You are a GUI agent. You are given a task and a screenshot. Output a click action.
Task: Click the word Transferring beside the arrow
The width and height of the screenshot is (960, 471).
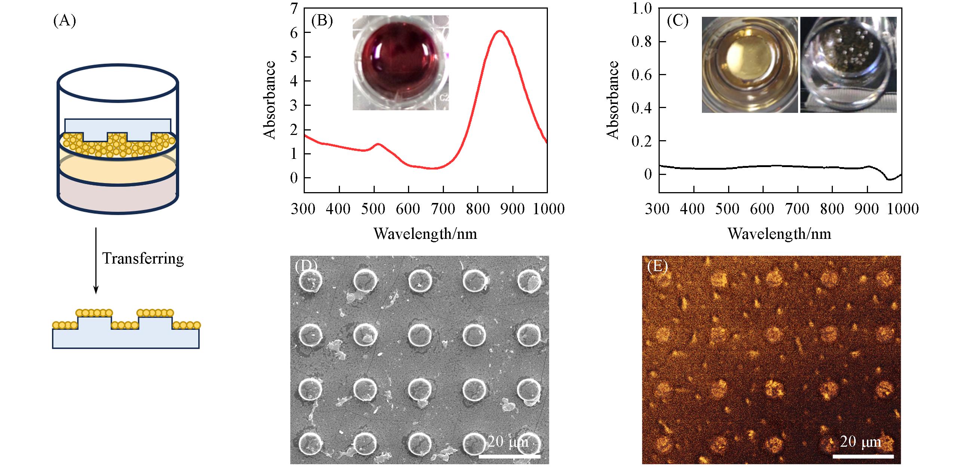point(143,259)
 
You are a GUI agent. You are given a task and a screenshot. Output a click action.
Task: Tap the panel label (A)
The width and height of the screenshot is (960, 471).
point(65,21)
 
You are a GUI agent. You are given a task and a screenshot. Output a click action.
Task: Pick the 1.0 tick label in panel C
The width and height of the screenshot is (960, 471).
point(641,8)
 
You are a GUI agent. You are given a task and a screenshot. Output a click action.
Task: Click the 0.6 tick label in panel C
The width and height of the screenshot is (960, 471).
point(641,75)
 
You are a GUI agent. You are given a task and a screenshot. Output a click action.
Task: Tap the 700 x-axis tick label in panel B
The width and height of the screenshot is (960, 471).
point(443,209)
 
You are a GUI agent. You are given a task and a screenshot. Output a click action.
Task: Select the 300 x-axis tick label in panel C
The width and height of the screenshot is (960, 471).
point(657,209)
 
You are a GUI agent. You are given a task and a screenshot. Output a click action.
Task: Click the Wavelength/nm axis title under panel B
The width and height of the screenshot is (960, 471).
point(425,234)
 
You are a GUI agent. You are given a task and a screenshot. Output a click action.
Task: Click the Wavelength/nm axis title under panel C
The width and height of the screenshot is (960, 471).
point(779,234)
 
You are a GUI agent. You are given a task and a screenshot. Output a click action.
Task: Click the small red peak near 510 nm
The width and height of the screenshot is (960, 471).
point(378,144)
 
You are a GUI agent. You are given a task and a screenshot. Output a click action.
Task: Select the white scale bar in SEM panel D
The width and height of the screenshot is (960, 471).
point(509,456)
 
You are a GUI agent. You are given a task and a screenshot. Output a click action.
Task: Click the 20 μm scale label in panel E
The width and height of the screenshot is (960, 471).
point(860,442)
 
